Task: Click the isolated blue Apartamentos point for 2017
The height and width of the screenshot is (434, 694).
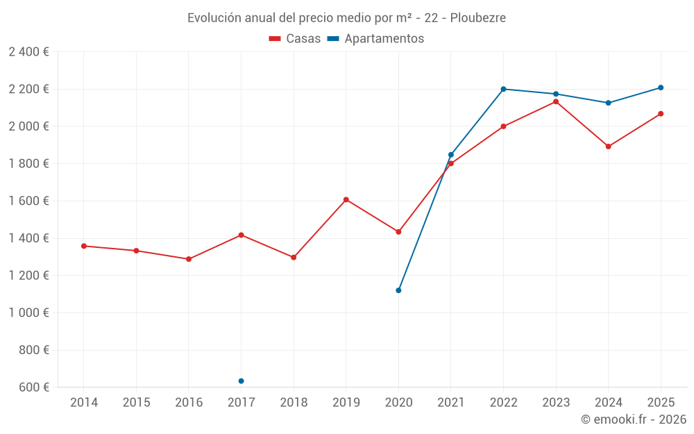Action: (x=241, y=381)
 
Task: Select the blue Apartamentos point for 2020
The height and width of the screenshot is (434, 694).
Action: (x=398, y=290)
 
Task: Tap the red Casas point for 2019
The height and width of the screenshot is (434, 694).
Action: (x=346, y=200)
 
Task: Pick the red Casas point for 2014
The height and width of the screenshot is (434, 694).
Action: (x=84, y=246)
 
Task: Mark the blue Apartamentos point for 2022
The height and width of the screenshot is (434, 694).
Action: (x=503, y=89)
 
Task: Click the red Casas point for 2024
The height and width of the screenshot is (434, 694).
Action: (x=608, y=147)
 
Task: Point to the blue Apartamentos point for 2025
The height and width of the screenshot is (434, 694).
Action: (x=661, y=87)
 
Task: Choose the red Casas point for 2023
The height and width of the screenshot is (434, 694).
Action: (x=556, y=101)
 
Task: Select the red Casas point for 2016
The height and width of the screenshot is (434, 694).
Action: (x=189, y=259)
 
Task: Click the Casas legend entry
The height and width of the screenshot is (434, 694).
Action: (x=295, y=39)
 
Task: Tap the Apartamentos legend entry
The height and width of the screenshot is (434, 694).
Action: (x=375, y=39)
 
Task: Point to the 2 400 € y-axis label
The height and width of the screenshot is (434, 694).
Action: (x=28, y=52)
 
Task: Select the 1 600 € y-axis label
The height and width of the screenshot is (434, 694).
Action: (x=28, y=201)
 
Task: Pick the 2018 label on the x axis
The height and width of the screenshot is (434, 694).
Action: (x=294, y=403)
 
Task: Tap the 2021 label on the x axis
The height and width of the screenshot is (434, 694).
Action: (x=450, y=403)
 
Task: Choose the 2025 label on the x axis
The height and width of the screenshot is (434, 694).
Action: (x=661, y=403)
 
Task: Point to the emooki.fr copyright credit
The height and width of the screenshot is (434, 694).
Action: (x=633, y=419)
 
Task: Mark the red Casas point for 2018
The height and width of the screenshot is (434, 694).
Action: (x=294, y=258)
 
